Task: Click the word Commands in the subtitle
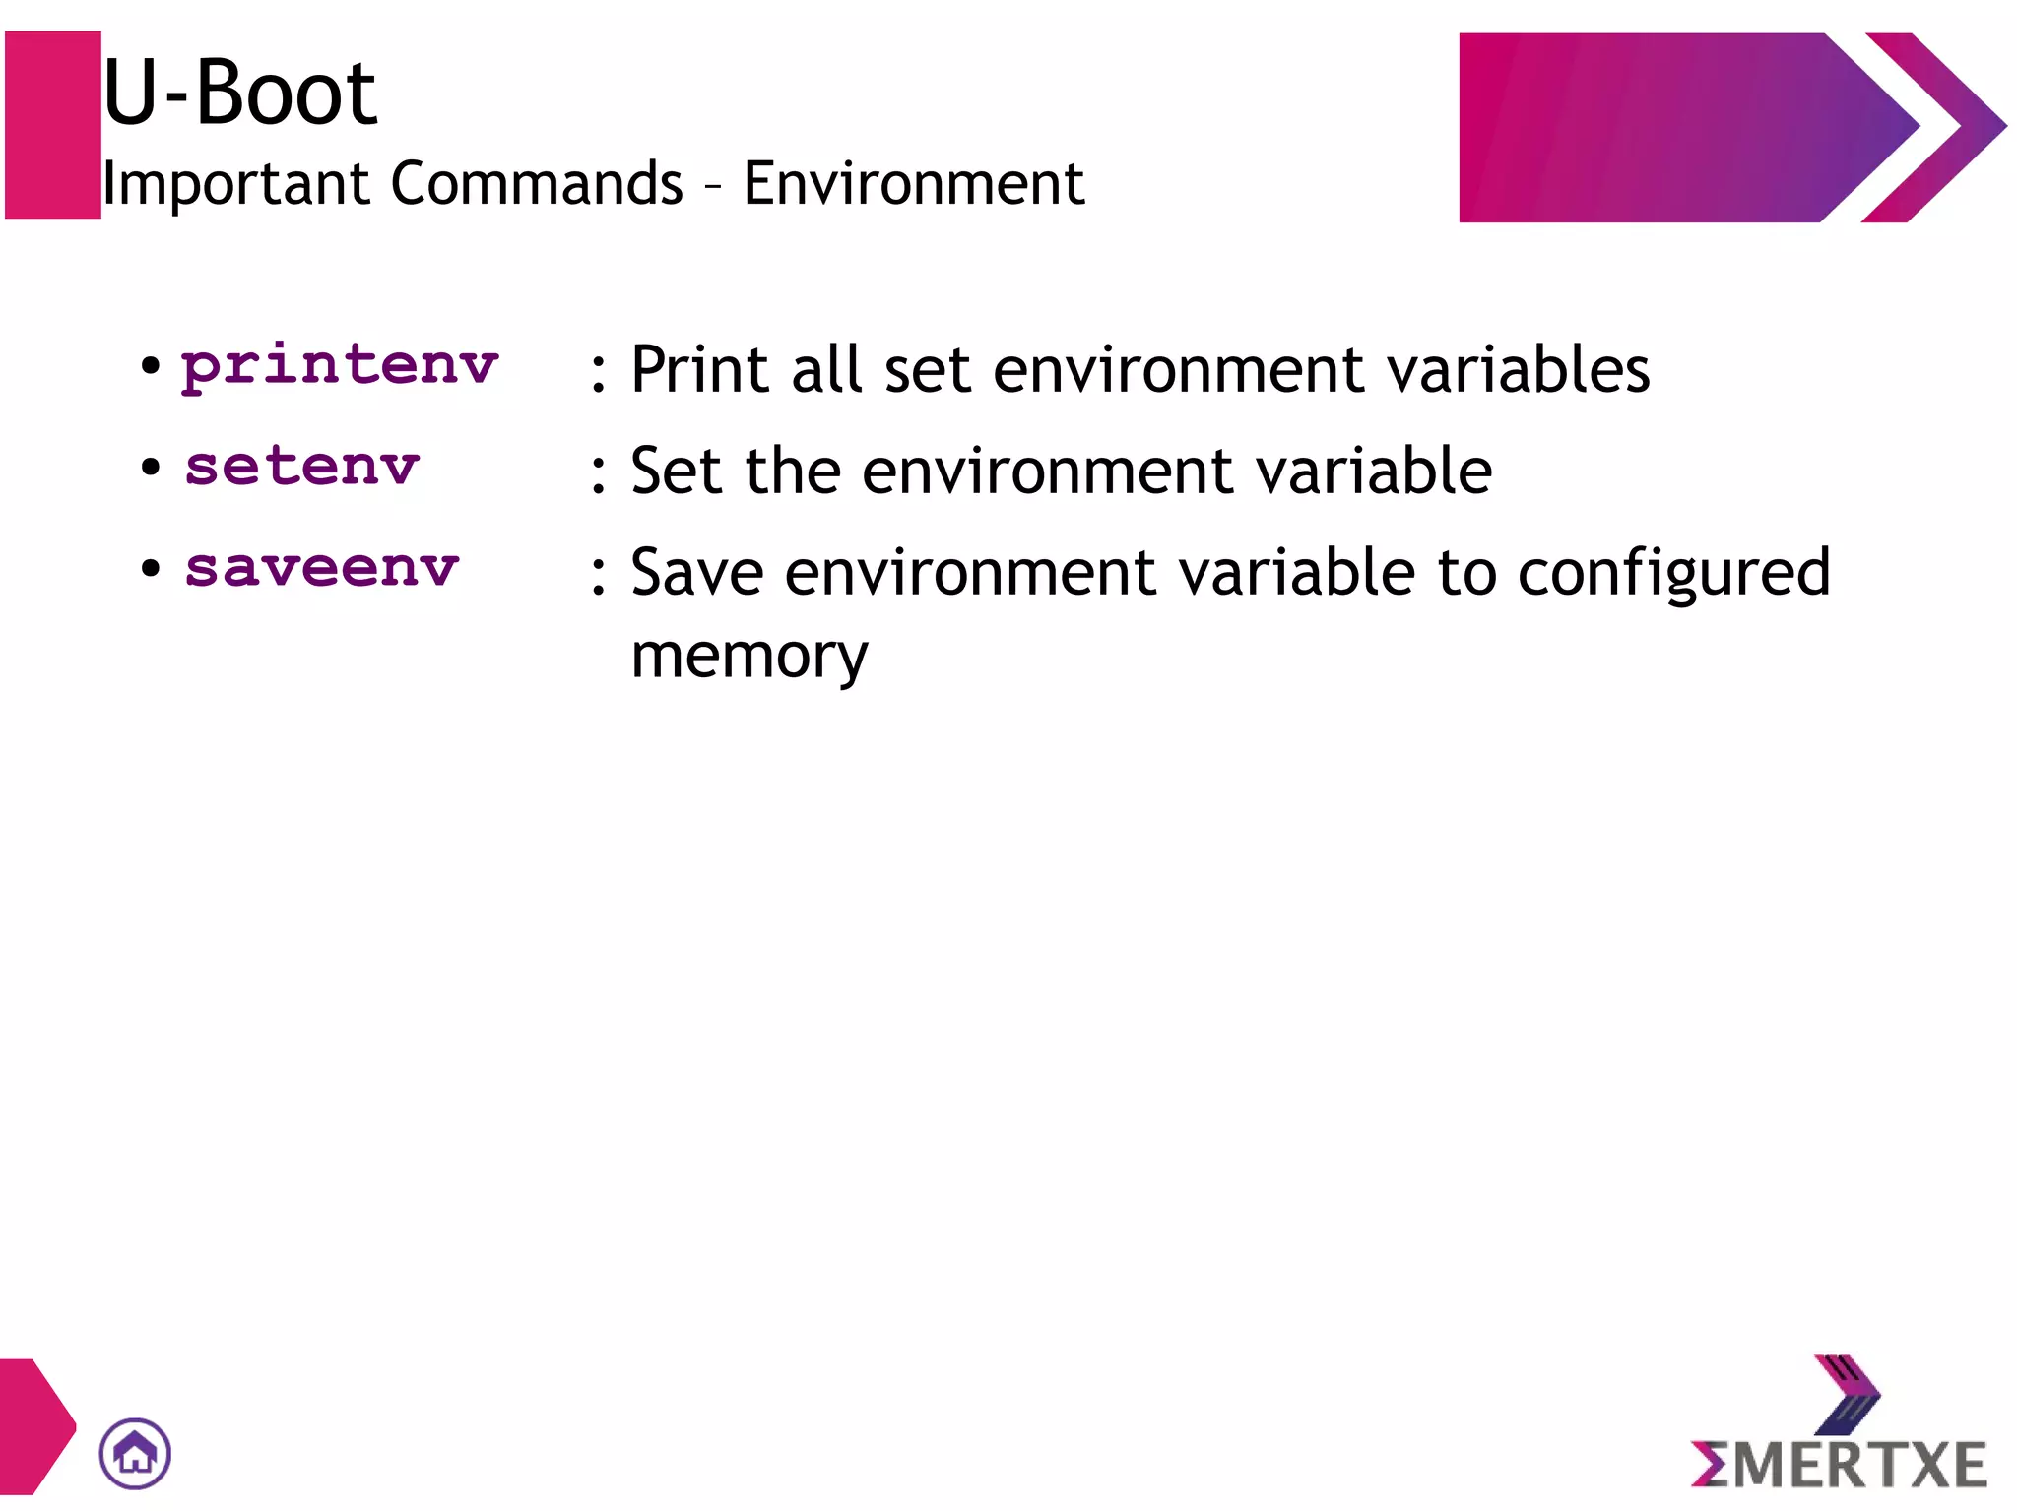537,184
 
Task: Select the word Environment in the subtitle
913,184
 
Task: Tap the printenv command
340,367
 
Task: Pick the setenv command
302,467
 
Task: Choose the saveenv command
322,569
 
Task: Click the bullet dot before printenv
150,367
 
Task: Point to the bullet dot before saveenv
150,568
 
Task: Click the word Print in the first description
699,370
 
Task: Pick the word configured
1673,574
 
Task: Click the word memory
749,657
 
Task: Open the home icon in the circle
135,1454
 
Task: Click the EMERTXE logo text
1839,1464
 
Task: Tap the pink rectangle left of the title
53,125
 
